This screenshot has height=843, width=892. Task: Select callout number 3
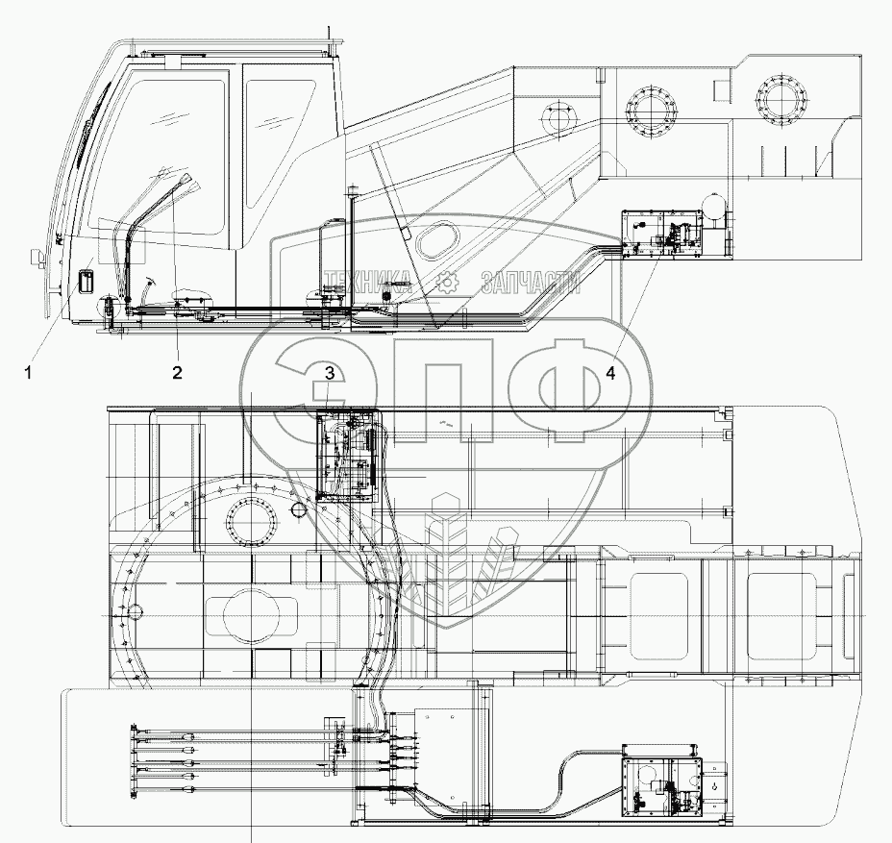330,373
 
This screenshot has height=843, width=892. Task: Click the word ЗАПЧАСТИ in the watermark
530,281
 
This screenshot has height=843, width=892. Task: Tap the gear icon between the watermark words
445,281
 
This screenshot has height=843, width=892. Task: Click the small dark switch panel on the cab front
85,282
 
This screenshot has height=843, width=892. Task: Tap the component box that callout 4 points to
662,236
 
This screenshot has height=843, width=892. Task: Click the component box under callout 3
347,455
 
